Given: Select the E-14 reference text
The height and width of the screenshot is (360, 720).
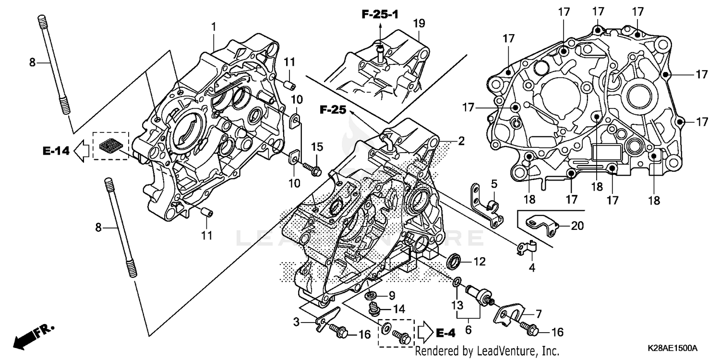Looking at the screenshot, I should (x=55, y=151).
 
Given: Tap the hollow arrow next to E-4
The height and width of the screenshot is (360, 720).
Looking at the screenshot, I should (x=425, y=332).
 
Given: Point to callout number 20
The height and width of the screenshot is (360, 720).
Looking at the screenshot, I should (x=577, y=226).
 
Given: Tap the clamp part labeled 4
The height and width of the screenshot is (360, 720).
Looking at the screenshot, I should (x=527, y=248).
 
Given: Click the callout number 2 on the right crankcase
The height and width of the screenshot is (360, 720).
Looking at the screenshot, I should (x=461, y=141).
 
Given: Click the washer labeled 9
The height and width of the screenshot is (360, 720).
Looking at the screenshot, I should (x=370, y=295).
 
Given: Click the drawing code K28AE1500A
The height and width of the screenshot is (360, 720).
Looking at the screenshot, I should (x=671, y=348).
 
